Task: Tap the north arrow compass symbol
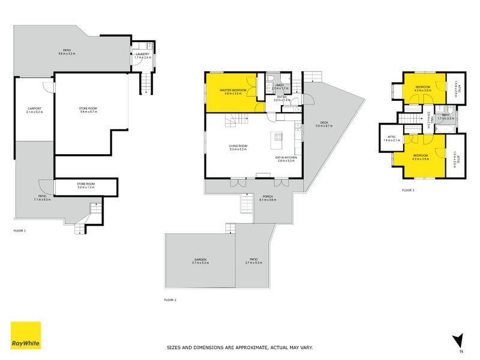[458, 340]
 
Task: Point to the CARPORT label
[34, 109]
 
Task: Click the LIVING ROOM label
[238, 146]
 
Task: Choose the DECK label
[324, 122]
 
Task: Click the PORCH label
[268, 196]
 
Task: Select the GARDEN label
[200, 259]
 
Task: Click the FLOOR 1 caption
[20, 230]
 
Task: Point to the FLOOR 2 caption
[170, 299]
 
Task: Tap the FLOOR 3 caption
[408, 190]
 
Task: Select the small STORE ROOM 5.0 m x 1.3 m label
[86, 185]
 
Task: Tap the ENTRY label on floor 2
[281, 97]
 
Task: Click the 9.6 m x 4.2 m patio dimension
[67, 54]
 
